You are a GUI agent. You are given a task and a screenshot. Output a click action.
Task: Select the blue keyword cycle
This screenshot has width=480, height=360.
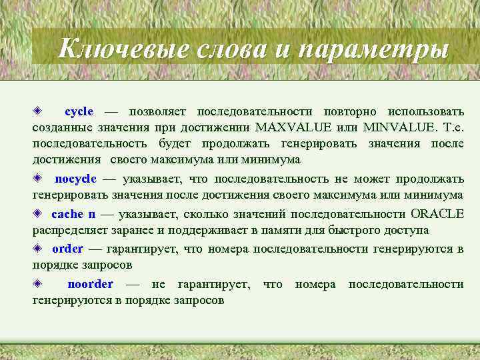coord(79,111)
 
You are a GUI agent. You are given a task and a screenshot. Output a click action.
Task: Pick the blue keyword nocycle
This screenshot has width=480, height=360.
coord(76,179)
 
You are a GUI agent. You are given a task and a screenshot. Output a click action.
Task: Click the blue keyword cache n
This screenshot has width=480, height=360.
coord(73,214)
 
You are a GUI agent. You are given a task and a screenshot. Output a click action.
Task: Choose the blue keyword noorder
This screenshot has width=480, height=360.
coord(91,285)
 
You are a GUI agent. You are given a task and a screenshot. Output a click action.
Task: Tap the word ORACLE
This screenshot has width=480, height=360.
coord(437,214)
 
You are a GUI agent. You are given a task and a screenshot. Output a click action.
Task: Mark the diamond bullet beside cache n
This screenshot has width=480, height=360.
coord(39,213)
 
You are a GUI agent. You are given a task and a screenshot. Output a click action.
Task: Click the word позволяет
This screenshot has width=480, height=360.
coord(158,111)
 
